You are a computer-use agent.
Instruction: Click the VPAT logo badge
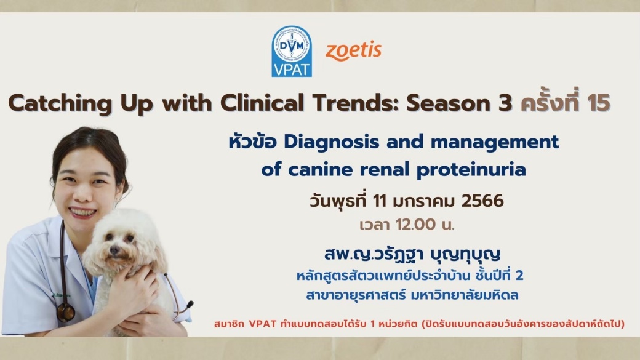[x=292, y=52]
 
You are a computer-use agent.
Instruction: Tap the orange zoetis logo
[x=353, y=51]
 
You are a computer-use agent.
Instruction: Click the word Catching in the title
[x=60, y=103]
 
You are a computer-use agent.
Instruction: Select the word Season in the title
[x=447, y=103]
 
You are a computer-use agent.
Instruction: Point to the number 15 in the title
[x=599, y=103]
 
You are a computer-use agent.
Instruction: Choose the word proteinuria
[x=471, y=170]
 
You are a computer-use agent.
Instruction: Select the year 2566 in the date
[x=483, y=201]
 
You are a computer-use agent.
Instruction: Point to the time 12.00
[x=415, y=225]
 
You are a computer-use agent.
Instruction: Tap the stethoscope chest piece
[x=66, y=312]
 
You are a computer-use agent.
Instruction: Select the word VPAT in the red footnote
[x=262, y=324]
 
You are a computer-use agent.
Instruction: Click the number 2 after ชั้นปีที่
[x=519, y=276]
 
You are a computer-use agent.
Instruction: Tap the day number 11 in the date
[x=380, y=201]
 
